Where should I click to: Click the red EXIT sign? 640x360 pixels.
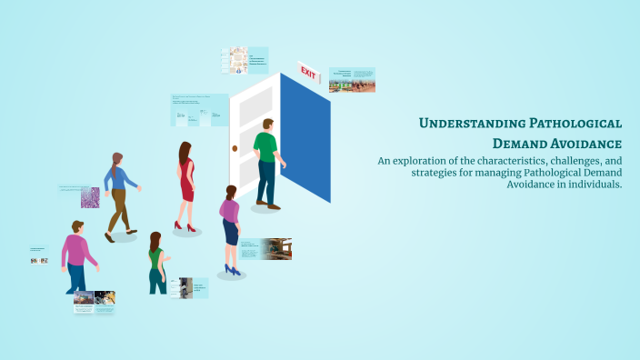point(309,72)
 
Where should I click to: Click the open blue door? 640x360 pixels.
point(305,136)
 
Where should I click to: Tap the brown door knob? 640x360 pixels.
point(235,147)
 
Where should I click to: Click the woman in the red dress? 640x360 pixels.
point(185,182)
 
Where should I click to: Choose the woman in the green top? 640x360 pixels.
point(157,264)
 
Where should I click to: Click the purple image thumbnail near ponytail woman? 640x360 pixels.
point(90,197)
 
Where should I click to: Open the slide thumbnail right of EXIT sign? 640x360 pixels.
point(352,80)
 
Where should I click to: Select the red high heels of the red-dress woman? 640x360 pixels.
point(185,226)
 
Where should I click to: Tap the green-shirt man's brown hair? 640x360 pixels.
point(268,123)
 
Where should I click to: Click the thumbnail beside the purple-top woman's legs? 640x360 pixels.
point(265,249)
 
